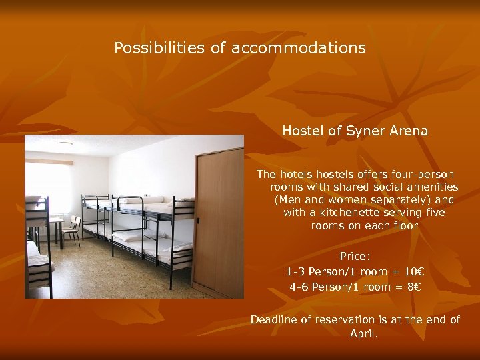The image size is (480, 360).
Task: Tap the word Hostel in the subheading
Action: (x=303, y=131)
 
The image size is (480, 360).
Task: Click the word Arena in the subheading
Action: (x=406, y=131)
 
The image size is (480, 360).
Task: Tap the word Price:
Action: (x=355, y=256)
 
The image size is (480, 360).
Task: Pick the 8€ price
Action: (x=413, y=287)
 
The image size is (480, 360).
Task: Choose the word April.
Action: (x=363, y=333)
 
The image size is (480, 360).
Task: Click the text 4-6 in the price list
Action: (x=299, y=287)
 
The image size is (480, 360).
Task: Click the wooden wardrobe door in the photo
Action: (x=219, y=220)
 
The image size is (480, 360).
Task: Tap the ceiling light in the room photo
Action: (x=65, y=143)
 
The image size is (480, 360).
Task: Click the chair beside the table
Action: (x=72, y=229)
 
